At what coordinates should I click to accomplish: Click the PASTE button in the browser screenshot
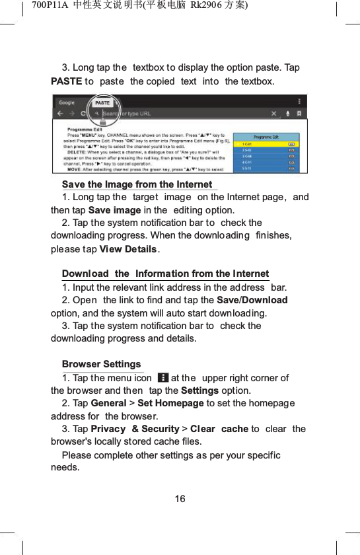click(x=102, y=103)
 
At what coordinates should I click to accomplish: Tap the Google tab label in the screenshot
click(x=67, y=102)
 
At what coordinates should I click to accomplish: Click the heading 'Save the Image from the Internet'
click(x=137, y=184)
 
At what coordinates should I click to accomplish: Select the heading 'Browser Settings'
click(x=101, y=364)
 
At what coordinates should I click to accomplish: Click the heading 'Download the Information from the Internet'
click(x=165, y=274)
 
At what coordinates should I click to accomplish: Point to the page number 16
click(x=180, y=498)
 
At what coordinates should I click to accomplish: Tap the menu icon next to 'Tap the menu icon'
click(x=162, y=378)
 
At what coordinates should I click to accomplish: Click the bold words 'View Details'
click(x=128, y=248)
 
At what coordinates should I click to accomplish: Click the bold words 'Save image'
click(x=114, y=210)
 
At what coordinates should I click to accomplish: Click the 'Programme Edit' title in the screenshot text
click(x=84, y=128)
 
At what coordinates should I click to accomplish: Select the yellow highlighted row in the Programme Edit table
click(x=268, y=143)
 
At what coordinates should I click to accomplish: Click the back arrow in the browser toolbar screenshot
click(x=60, y=114)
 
